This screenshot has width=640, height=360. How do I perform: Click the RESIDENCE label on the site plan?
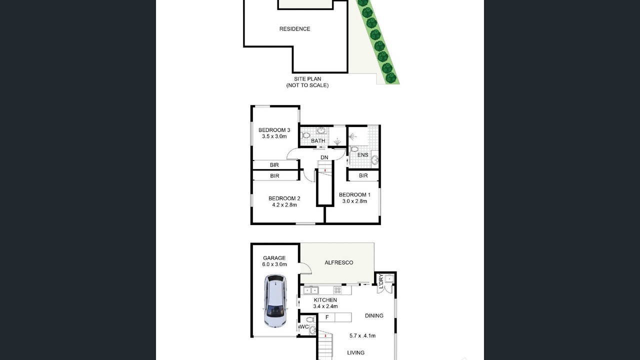point(294,29)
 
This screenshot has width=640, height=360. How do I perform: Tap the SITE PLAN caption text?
point(307,79)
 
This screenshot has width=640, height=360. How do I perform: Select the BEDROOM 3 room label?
point(274,130)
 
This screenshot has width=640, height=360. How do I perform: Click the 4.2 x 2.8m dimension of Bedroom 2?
point(284,205)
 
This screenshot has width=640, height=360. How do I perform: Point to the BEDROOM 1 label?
point(354,195)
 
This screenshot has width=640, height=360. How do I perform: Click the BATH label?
point(318,141)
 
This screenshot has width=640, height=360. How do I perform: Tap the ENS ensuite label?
point(363,155)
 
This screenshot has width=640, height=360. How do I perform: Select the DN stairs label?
point(324,157)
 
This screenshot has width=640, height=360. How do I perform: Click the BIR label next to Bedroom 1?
point(363,175)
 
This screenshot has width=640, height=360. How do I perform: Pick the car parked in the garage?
point(275,301)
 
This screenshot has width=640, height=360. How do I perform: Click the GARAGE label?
point(274,258)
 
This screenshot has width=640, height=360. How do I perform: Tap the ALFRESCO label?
point(339,262)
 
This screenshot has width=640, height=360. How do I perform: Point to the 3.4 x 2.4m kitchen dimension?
point(325,306)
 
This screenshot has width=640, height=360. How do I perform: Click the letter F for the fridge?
point(327,317)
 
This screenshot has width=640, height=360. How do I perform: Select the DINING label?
point(374,315)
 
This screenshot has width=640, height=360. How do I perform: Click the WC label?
point(304,326)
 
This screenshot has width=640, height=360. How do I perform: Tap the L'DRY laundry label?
point(381,281)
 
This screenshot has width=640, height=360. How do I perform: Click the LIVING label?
point(355,353)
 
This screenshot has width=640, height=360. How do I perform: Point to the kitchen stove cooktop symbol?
point(337,290)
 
